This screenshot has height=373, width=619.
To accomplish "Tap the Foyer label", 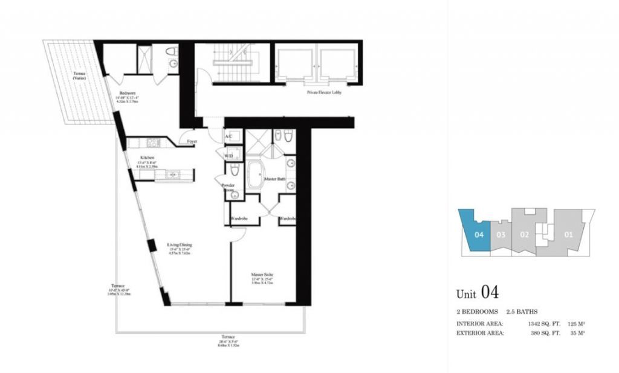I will point(192,142).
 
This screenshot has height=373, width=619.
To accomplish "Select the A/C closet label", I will point(229,136).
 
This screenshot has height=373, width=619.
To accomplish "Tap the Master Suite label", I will point(262,275).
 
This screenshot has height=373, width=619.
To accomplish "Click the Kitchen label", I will point(147,158).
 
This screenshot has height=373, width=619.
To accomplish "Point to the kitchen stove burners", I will point(154,143).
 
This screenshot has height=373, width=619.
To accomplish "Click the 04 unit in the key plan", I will point(478,234).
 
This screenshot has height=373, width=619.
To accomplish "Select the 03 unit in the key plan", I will point(501,234).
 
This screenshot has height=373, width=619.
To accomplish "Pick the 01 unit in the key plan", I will point(568,234).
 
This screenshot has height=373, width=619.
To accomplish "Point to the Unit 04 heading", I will point(477,293).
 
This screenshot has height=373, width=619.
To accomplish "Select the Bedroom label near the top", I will point(127,92).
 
